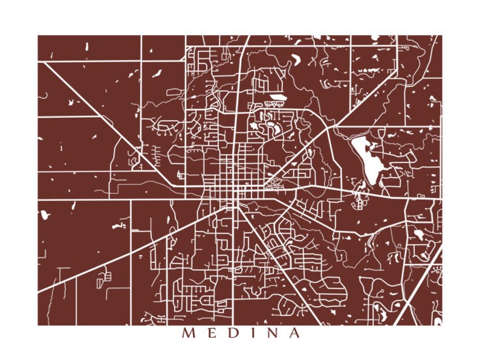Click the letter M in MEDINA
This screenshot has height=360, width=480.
(187, 333)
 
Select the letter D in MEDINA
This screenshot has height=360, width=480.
(230, 333)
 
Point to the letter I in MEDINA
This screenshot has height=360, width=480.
(250, 333)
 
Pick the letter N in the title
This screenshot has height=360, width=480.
(270, 333)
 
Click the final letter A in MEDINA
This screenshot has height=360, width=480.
(294, 333)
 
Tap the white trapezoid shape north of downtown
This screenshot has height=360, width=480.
(278, 97)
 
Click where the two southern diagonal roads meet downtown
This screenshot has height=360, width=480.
(233, 206)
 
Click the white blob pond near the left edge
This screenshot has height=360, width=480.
(44, 214)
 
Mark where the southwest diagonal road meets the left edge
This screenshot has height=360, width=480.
(39, 292)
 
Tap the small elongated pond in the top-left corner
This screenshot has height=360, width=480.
(87, 46)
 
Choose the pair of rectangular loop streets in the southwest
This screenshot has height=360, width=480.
(104, 279)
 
